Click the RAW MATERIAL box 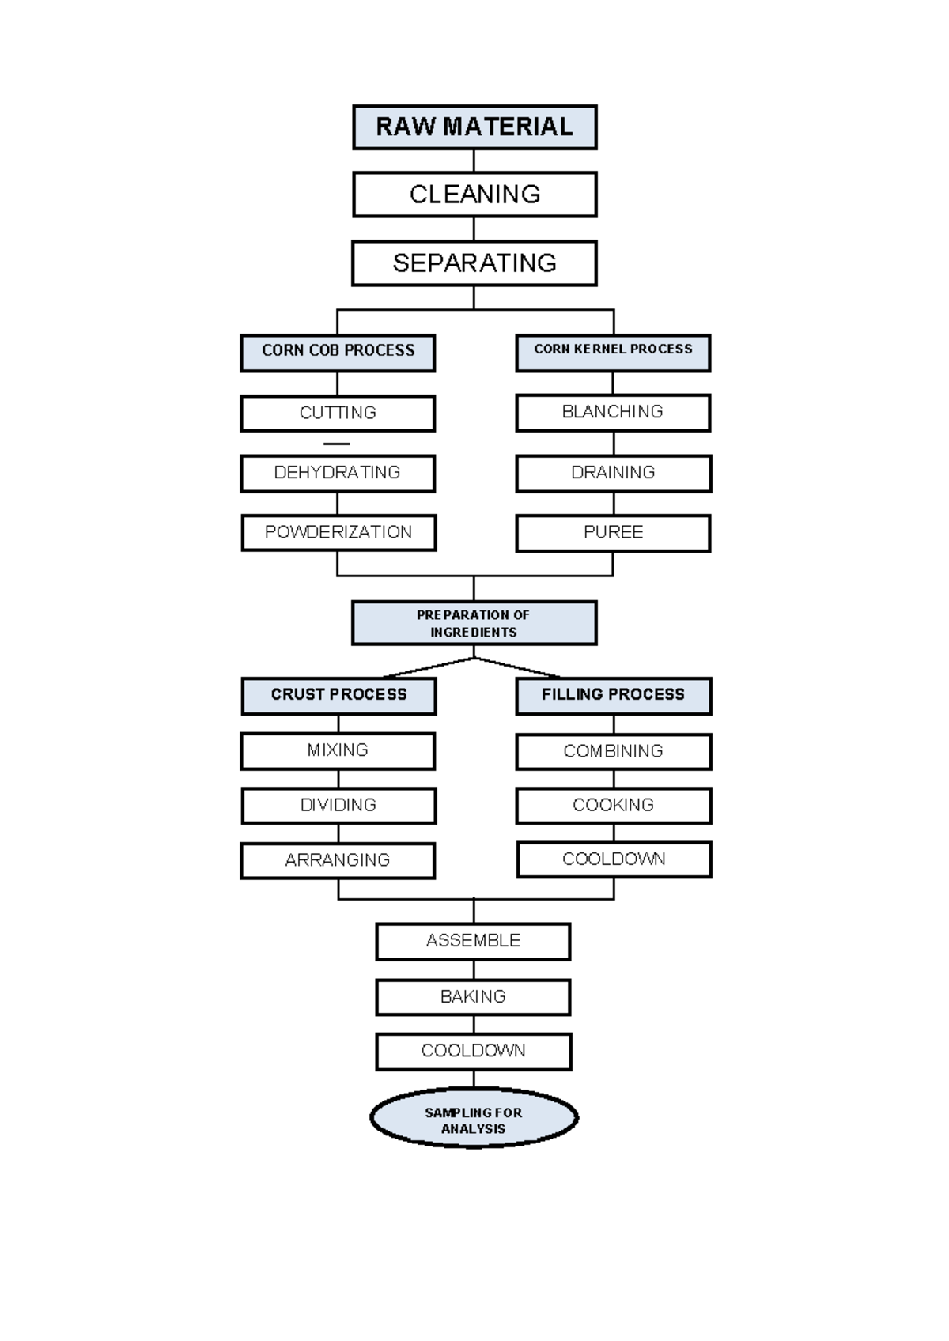(x=475, y=127)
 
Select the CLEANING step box (x=475, y=195)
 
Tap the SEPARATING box (x=475, y=263)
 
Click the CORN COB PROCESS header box (x=338, y=352)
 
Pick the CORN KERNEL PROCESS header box (x=613, y=352)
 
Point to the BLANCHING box (x=613, y=413)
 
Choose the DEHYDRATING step (x=338, y=473)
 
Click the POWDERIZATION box (x=338, y=533)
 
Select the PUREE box (x=613, y=533)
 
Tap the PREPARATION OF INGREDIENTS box (x=475, y=623)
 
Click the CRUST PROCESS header (x=338, y=695)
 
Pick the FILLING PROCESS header (x=613, y=695)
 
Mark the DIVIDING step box (x=338, y=806)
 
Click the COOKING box (x=613, y=806)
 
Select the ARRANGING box (x=338, y=860)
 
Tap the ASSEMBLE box (x=473, y=941)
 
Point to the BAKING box (x=473, y=997)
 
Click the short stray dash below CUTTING (x=337, y=444)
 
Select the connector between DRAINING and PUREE (x=614, y=504)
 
